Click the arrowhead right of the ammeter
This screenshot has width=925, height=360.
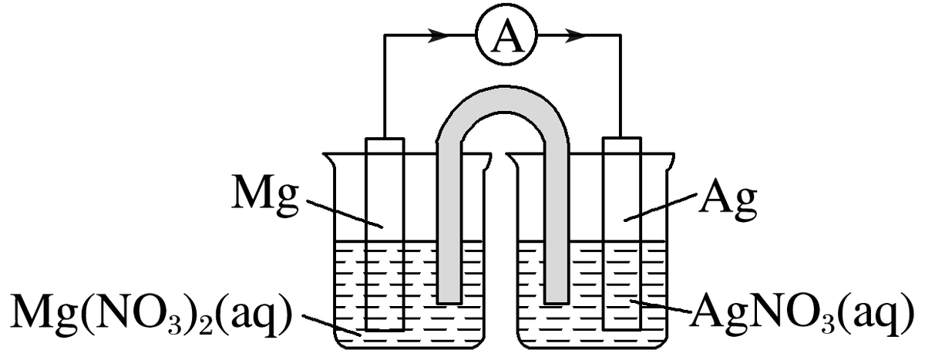pyautogui.click(x=575, y=35)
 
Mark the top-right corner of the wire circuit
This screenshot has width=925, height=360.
pyautogui.click(x=621, y=35)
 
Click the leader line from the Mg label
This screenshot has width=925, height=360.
pyautogui.click(x=344, y=214)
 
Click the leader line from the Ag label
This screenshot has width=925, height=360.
pyautogui.click(x=661, y=208)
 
